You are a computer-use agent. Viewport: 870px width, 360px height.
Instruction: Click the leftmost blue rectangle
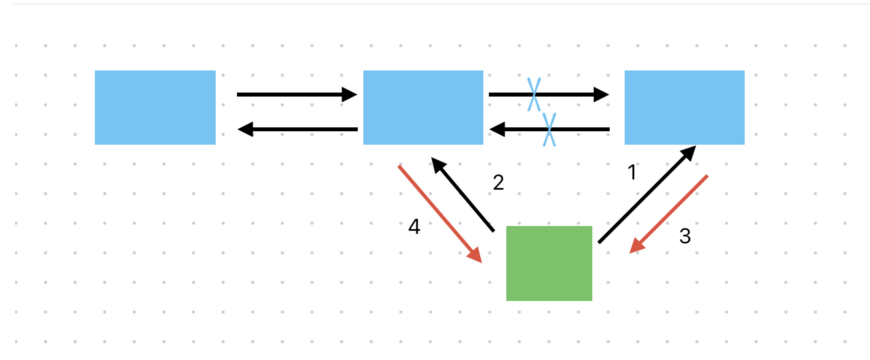click(x=155, y=107)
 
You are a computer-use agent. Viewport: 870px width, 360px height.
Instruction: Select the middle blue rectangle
click(x=423, y=107)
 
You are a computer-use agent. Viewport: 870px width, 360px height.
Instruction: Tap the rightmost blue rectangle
click(x=685, y=107)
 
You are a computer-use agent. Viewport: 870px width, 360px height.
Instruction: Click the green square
click(x=549, y=263)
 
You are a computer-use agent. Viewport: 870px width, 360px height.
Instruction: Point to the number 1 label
click(x=632, y=172)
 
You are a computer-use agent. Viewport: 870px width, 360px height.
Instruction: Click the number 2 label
click(x=499, y=183)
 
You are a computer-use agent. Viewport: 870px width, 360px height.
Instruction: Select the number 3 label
click(x=685, y=236)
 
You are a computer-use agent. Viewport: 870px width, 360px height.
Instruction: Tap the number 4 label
click(x=414, y=226)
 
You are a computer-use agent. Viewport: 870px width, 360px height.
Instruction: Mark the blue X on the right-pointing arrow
click(x=534, y=94)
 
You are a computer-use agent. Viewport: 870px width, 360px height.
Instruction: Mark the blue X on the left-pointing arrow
click(x=549, y=129)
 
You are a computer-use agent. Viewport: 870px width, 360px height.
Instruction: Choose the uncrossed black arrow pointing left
click(x=298, y=129)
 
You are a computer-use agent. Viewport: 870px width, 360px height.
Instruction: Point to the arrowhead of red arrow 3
click(x=636, y=247)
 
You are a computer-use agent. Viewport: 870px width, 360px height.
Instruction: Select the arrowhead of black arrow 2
click(x=438, y=165)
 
